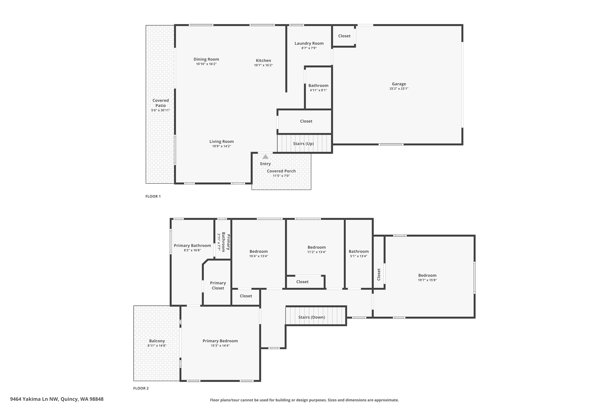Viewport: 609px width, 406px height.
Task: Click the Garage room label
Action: coord(398,84)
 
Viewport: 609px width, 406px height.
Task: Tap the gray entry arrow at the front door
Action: coord(265,157)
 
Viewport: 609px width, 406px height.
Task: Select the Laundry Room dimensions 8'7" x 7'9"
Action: coord(309,48)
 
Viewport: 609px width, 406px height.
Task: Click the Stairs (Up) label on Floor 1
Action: coord(303,144)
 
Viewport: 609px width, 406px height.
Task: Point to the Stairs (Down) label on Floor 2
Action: coord(311,317)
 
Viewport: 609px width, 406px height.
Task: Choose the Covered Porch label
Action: coord(281,171)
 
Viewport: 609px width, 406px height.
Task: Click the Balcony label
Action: coord(157,341)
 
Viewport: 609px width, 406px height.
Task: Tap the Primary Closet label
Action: coord(218,285)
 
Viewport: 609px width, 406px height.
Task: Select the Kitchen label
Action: coord(263,60)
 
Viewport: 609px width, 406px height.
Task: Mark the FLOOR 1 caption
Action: coord(153,196)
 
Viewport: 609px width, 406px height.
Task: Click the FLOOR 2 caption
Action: coord(141,388)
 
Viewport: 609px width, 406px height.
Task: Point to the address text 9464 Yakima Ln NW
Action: coord(57,399)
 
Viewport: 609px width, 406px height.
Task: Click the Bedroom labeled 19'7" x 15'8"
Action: coord(427,275)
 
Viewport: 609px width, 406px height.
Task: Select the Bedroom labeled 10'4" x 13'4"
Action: coord(258,252)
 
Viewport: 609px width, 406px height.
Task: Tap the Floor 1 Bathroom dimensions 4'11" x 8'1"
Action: coord(318,90)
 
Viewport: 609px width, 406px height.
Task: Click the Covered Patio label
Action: coord(161,103)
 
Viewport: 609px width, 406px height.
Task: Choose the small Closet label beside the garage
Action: coord(344,36)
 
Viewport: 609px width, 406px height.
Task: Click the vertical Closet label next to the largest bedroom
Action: coord(379,274)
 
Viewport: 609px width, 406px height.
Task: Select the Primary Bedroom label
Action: coord(220,341)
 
